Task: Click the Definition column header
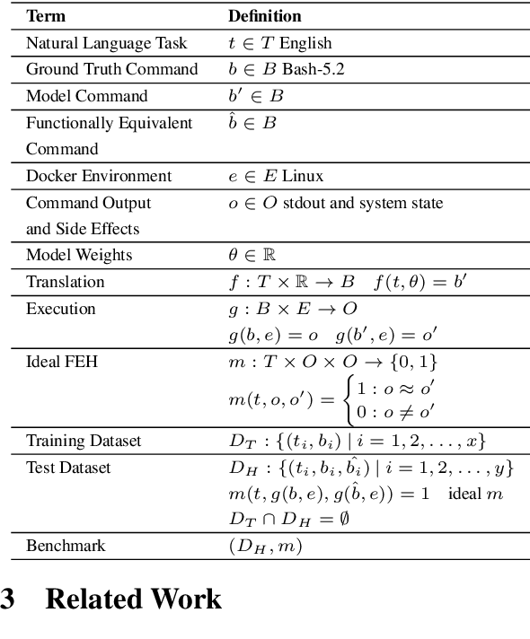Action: tap(264, 16)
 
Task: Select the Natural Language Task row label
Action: tap(106, 43)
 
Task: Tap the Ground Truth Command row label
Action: tap(111, 69)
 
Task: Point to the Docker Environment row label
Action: tap(98, 176)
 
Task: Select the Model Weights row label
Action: tap(78, 255)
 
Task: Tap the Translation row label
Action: tap(65, 282)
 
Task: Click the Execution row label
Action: tap(60, 309)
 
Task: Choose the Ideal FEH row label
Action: tap(60, 362)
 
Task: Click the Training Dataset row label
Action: tap(84, 441)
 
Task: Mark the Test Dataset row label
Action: tap(68, 468)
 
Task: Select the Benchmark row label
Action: tap(65, 546)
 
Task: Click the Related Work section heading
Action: tap(133, 599)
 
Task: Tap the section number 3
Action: tap(8, 599)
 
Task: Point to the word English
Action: tap(305, 43)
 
